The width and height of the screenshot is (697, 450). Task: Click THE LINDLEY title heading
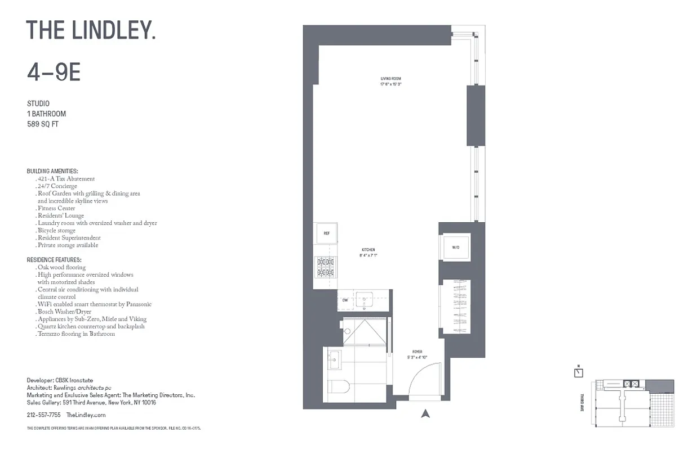[x=91, y=30]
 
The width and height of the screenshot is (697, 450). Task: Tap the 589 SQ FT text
[x=43, y=124]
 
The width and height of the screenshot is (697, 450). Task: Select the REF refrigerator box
[x=326, y=233]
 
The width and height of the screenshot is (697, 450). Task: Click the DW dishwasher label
[x=345, y=300]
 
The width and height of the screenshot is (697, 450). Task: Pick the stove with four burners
[x=326, y=267]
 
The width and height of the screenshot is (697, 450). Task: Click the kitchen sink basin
[x=365, y=299]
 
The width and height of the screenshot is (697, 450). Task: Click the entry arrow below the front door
[x=425, y=414]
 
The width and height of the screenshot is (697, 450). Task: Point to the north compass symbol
[x=579, y=372]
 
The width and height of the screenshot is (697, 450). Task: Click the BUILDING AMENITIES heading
[x=52, y=171]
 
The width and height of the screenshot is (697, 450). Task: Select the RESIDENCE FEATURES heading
[x=54, y=260]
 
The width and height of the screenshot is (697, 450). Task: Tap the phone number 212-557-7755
[x=43, y=415]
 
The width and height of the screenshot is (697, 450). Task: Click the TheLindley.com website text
[x=86, y=415]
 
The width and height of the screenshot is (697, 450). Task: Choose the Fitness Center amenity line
[x=56, y=208]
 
